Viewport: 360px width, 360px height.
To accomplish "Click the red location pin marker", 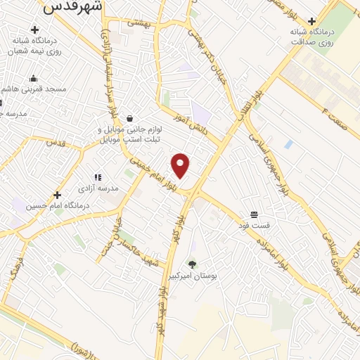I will pos(181,165).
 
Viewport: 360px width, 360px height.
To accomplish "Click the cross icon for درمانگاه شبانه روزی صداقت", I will pos(311,22).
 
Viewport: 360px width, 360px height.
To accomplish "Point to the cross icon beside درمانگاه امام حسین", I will pos(57,195).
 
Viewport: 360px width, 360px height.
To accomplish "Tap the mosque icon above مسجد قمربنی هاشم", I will pos(33,78).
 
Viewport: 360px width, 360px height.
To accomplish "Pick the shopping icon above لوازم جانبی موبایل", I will pos(130,118).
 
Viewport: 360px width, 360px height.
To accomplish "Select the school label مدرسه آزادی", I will pos(98,189).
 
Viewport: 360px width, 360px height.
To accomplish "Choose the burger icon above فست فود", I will pos(253,214).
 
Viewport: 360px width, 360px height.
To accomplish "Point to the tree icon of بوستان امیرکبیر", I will pos(193,264).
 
